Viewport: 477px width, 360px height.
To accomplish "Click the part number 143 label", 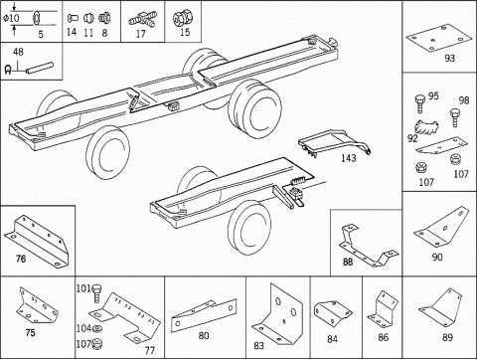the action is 349,158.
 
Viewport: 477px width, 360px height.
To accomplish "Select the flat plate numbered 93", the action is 439,38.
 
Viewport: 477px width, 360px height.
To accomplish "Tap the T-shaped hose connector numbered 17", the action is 143,20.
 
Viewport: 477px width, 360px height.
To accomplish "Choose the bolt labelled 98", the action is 455,117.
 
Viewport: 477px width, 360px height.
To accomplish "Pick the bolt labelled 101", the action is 96,292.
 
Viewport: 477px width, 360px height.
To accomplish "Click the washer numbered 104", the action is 97,328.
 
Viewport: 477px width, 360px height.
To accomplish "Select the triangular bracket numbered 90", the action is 442,227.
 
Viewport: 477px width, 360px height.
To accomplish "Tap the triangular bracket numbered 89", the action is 442,308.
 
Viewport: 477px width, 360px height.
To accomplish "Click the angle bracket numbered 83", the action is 277,313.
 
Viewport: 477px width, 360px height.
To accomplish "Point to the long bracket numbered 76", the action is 37,241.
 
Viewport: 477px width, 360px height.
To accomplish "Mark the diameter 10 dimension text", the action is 12,18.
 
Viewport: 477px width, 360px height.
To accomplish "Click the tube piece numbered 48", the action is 40,68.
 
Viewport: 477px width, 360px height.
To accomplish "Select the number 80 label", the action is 204,335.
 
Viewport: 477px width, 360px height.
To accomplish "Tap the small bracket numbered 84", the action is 333,312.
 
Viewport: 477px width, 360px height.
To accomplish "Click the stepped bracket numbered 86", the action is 383,309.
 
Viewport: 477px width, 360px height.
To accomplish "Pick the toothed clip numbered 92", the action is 426,127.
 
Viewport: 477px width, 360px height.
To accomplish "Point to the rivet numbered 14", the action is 73,18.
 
